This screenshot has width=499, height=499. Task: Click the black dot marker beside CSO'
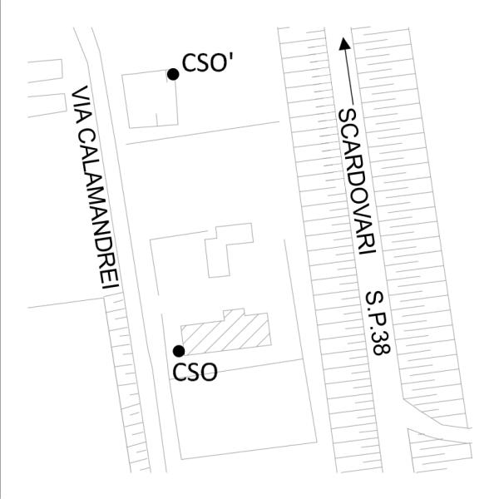[173, 74]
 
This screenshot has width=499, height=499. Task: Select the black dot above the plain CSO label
[178, 351]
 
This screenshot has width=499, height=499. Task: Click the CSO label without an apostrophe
[195, 372]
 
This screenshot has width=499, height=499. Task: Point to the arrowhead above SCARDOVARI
[343, 41]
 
